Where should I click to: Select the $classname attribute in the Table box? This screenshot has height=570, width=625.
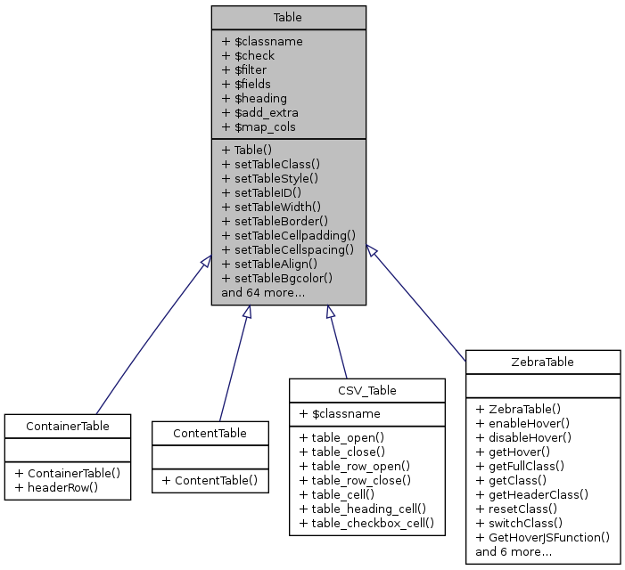(x=262, y=41)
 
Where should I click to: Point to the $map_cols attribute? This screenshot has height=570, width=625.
(x=259, y=126)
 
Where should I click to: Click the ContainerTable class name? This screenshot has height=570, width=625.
(x=68, y=426)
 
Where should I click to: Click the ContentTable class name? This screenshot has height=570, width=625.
(x=210, y=433)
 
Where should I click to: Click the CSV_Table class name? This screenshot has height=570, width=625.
(x=366, y=390)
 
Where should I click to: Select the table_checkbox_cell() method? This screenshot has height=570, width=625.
(x=366, y=523)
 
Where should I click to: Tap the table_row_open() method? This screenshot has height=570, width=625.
(x=354, y=466)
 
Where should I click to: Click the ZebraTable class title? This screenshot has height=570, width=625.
(x=543, y=362)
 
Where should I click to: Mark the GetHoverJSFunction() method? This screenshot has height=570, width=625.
(x=542, y=537)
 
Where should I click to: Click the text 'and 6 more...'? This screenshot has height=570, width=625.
(x=514, y=551)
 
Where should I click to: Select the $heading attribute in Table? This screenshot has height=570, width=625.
(x=254, y=98)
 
